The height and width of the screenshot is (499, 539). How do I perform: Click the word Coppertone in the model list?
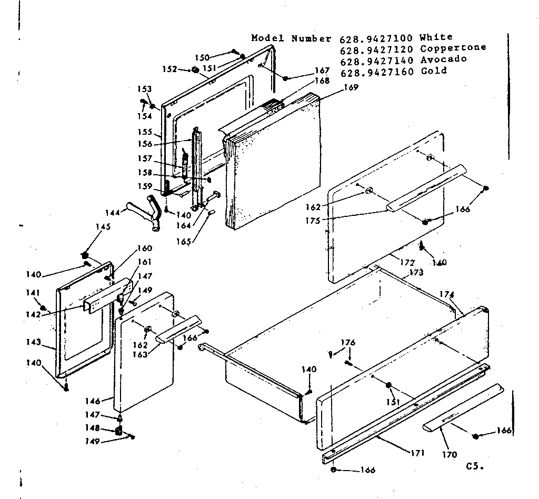tap(453, 48)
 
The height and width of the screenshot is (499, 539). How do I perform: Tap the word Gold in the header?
tap(434, 71)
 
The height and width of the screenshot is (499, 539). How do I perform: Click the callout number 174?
tap(446, 294)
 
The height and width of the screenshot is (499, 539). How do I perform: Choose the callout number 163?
tap(139, 354)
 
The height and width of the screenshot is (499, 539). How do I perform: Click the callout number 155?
tap(145, 132)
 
